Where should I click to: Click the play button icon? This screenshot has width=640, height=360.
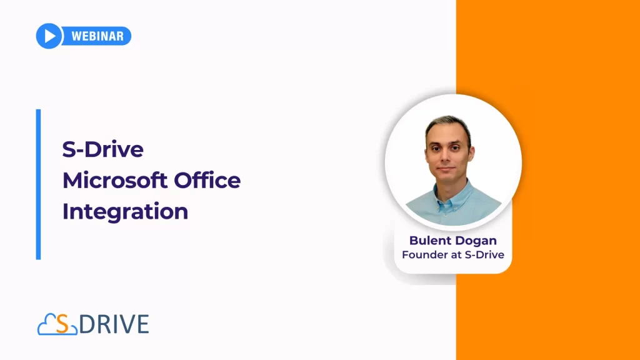pyautogui.click(x=49, y=36)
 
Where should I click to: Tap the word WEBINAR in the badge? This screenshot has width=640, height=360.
pyautogui.click(x=97, y=36)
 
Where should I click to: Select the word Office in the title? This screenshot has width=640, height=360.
pyautogui.click(x=207, y=181)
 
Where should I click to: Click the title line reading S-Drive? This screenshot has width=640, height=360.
pyautogui.click(x=103, y=149)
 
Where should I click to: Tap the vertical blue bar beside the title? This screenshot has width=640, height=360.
pyautogui.click(x=38, y=184)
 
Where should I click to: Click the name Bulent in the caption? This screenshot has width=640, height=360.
pyautogui.click(x=429, y=241)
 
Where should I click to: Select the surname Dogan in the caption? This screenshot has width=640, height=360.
pyautogui.click(x=475, y=241)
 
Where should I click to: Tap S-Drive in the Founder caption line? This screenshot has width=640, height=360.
pyautogui.click(x=484, y=255)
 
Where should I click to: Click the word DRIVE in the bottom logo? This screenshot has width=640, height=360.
pyautogui.click(x=114, y=324)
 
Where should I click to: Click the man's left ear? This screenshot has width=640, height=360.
pyautogui.click(x=472, y=154)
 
